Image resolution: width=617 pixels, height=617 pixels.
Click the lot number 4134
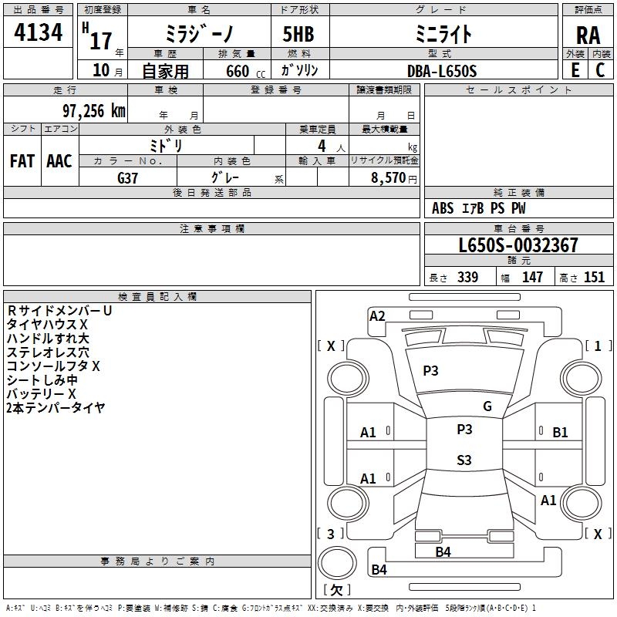coord(38,32)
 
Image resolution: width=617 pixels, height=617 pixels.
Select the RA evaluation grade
coord(588,35)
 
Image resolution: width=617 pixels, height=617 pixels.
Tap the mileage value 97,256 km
coord(94,111)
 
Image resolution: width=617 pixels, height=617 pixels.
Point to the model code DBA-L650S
coord(442,71)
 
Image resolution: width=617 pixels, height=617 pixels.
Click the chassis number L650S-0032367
coord(518,245)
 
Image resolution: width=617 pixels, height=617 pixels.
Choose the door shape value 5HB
coord(298,34)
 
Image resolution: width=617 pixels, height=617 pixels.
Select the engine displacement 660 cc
coord(245,72)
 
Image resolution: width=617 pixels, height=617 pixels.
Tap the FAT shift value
coord(22,161)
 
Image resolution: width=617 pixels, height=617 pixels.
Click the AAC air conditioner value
coord(59,161)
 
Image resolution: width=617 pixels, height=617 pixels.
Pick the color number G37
coord(127,178)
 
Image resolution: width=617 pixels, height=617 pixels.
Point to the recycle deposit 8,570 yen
coord(394,178)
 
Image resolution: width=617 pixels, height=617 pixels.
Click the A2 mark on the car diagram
coord(377,316)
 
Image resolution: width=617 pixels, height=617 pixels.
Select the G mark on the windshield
coord(487,406)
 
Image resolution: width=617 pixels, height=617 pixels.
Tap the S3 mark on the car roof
coord(464,460)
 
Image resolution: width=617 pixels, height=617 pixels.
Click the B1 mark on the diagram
coord(560,433)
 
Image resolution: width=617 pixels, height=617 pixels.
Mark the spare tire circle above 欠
coord(337,563)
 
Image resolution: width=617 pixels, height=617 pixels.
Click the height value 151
coord(594,278)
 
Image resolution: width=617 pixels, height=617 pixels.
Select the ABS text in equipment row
coord(443,208)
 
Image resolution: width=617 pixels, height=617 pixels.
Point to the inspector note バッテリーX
coord(42,394)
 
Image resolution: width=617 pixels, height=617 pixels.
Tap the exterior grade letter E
coord(575,70)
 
